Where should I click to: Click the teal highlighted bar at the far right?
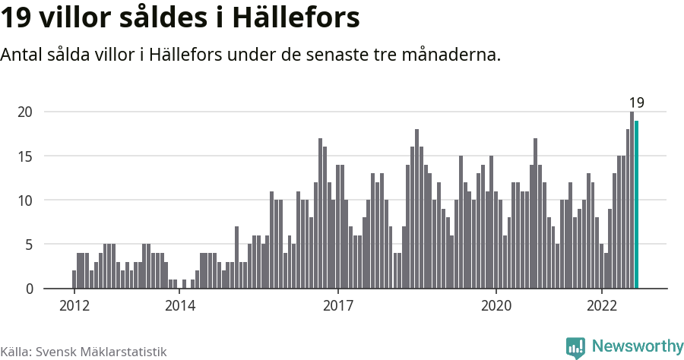pos(637,205)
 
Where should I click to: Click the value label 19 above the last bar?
pos(636,103)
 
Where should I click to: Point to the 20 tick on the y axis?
pos(25,112)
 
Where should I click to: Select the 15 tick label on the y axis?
pos(25,156)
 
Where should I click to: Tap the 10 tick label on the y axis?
pos(25,201)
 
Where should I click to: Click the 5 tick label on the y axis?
pos(28,245)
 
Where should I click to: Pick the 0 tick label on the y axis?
pos(28,289)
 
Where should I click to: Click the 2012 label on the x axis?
pos(74,306)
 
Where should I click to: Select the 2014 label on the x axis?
pos(179,306)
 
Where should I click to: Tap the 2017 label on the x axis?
pos(337,306)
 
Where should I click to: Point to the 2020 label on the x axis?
pos(496,306)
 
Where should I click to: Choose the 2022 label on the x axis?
pos(601,306)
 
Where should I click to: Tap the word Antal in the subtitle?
pos(22,55)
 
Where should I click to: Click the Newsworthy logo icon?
pos(575,347)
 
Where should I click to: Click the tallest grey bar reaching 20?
pos(632,201)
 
